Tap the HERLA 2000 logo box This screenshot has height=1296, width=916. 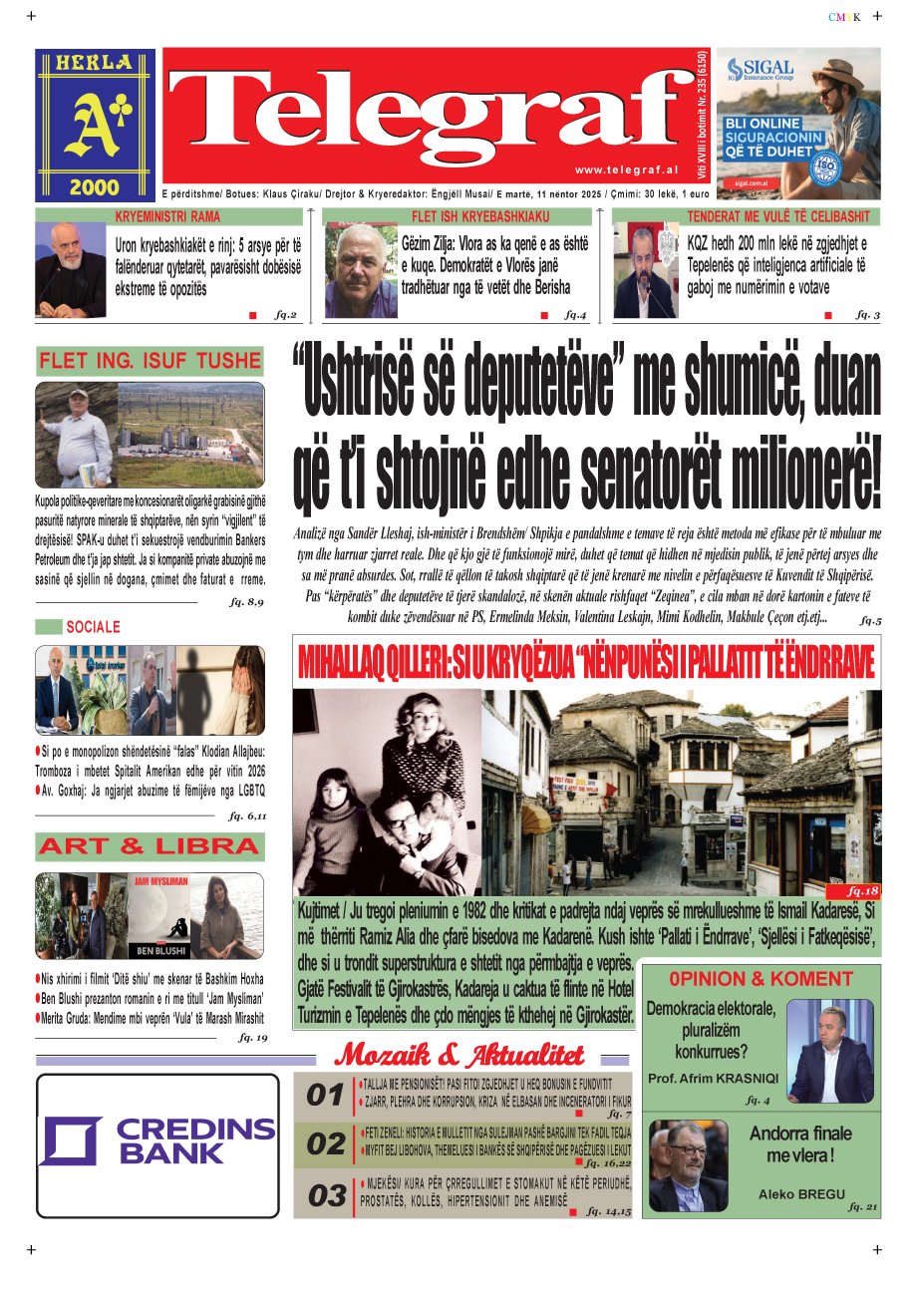(x=96, y=125)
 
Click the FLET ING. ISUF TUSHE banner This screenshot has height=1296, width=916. (x=150, y=360)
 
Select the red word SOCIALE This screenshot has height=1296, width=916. (x=93, y=627)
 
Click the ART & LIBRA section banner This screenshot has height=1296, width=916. (x=150, y=846)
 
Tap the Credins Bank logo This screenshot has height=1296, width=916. (x=157, y=1141)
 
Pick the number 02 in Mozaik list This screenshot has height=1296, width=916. (x=325, y=1144)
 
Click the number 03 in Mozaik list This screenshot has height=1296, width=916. (x=325, y=1195)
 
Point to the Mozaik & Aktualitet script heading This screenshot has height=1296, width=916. (x=459, y=1055)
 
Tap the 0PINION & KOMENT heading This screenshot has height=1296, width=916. (x=761, y=979)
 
